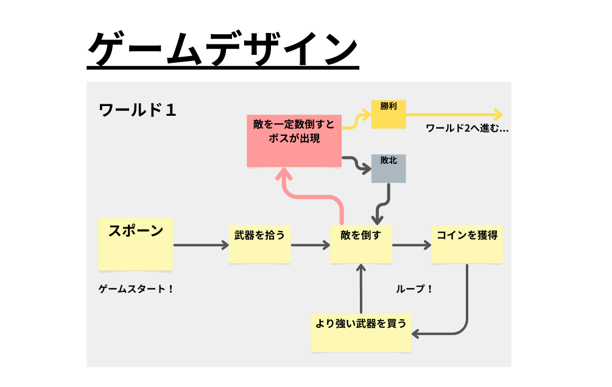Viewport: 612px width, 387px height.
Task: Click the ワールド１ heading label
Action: tap(138, 110)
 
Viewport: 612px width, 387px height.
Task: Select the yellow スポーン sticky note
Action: tap(136, 244)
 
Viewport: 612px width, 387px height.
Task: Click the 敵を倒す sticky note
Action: tap(361, 244)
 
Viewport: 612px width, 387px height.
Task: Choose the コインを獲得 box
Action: tap(466, 244)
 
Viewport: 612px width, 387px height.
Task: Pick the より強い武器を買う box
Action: tap(361, 333)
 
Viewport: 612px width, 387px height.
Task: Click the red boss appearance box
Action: tap(294, 140)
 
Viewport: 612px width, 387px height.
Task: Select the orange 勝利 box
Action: tap(389, 115)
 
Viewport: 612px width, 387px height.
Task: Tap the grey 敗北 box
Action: tap(389, 169)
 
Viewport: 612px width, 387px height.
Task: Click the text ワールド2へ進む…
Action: tap(467, 129)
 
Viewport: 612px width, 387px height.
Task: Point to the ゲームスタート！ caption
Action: tap(136, 289)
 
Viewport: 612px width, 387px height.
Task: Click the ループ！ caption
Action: tap(414, 289)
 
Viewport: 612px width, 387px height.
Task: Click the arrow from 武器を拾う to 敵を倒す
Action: tap(310, 246)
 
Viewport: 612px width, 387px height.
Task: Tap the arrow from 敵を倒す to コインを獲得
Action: tap(411, 246)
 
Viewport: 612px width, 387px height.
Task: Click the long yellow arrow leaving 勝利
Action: tap(454, 114)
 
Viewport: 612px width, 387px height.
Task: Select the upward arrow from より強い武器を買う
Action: tap(362, 289)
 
